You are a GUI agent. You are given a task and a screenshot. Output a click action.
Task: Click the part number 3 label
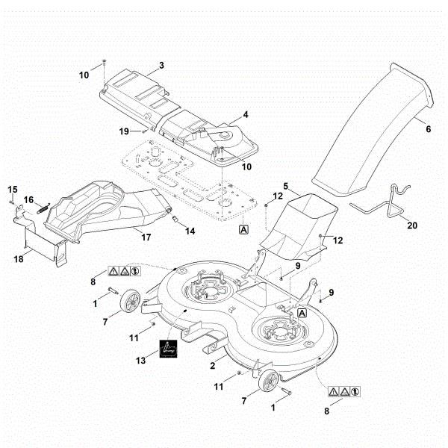point(161,66)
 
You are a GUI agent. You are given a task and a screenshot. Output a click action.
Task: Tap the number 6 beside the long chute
point(428,128)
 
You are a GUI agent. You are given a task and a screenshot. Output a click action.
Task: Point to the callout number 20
point(411,224)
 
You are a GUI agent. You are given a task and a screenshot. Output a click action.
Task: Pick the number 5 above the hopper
point(286,184)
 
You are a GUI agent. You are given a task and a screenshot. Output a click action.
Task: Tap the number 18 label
point(18,259)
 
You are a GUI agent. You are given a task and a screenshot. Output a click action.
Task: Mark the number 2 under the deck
point(214,364)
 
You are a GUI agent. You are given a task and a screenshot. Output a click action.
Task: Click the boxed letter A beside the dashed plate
point(243,231)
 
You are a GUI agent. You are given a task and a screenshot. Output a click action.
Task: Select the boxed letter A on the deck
point(302,314)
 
